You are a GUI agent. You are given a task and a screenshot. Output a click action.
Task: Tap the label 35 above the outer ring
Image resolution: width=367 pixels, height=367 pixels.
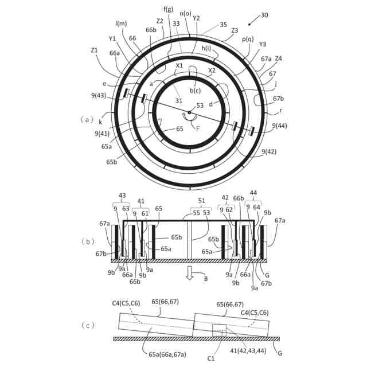click(x=223, y=25)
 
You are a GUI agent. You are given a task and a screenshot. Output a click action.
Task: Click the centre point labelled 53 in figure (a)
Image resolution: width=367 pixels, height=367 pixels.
click(x=189, y=112)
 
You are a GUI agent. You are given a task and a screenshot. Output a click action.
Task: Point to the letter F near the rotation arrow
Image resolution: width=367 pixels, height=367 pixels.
click(x=198, y=129)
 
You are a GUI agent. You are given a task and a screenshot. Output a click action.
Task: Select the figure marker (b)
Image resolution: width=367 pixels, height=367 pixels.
click(x=87, y=241)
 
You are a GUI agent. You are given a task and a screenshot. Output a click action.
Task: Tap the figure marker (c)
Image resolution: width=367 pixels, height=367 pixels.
click(x=87, y=325)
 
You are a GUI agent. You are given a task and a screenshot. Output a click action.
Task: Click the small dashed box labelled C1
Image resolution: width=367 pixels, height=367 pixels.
click(x=219, y=331)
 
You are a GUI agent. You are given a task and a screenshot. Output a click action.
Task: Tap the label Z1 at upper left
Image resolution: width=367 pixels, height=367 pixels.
click(x=95, y=50)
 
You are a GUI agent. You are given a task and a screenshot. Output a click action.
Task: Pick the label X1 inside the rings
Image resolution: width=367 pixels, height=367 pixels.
click(x=180, y=65)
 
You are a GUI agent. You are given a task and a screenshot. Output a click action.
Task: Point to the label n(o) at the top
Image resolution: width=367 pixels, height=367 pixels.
click(x=186, y=13)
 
